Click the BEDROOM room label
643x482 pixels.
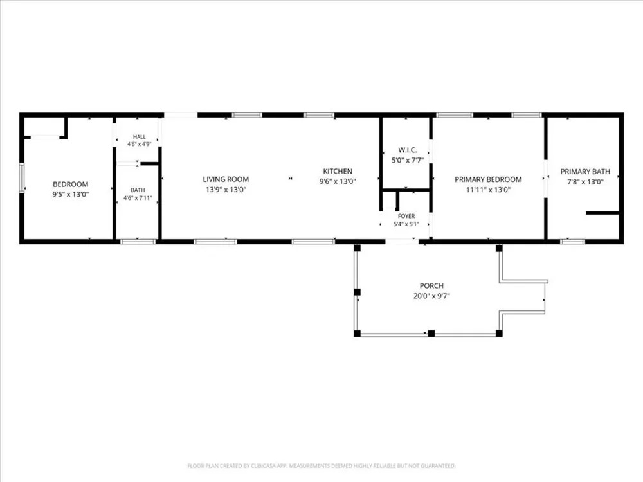pos(71,184)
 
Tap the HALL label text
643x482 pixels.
pos(140,136)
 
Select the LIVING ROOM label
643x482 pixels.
pos(226,179)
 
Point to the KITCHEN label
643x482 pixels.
pos(338,172)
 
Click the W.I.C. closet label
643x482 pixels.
pos(408,150)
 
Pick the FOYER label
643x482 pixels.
pos(406,216)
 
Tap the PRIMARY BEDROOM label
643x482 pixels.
pos(488,179)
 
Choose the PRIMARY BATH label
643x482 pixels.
pos(585,172)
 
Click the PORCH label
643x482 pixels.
pos(431,286)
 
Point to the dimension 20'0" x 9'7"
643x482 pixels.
pos(431,296)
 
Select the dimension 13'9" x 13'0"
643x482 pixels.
pos(226,190)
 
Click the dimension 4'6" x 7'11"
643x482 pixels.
pos(138,198)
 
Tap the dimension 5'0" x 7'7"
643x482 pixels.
pos(408,161)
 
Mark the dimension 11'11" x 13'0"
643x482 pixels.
pos(488,190)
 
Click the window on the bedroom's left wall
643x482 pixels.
pos(22,177)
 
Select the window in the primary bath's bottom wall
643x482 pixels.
pos(573,242)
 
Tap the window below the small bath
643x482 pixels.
pos(138,242)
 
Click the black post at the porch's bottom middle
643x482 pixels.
pos(431,333)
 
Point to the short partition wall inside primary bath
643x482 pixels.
pos(602,213)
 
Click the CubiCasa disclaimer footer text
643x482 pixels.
pos(321,465)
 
